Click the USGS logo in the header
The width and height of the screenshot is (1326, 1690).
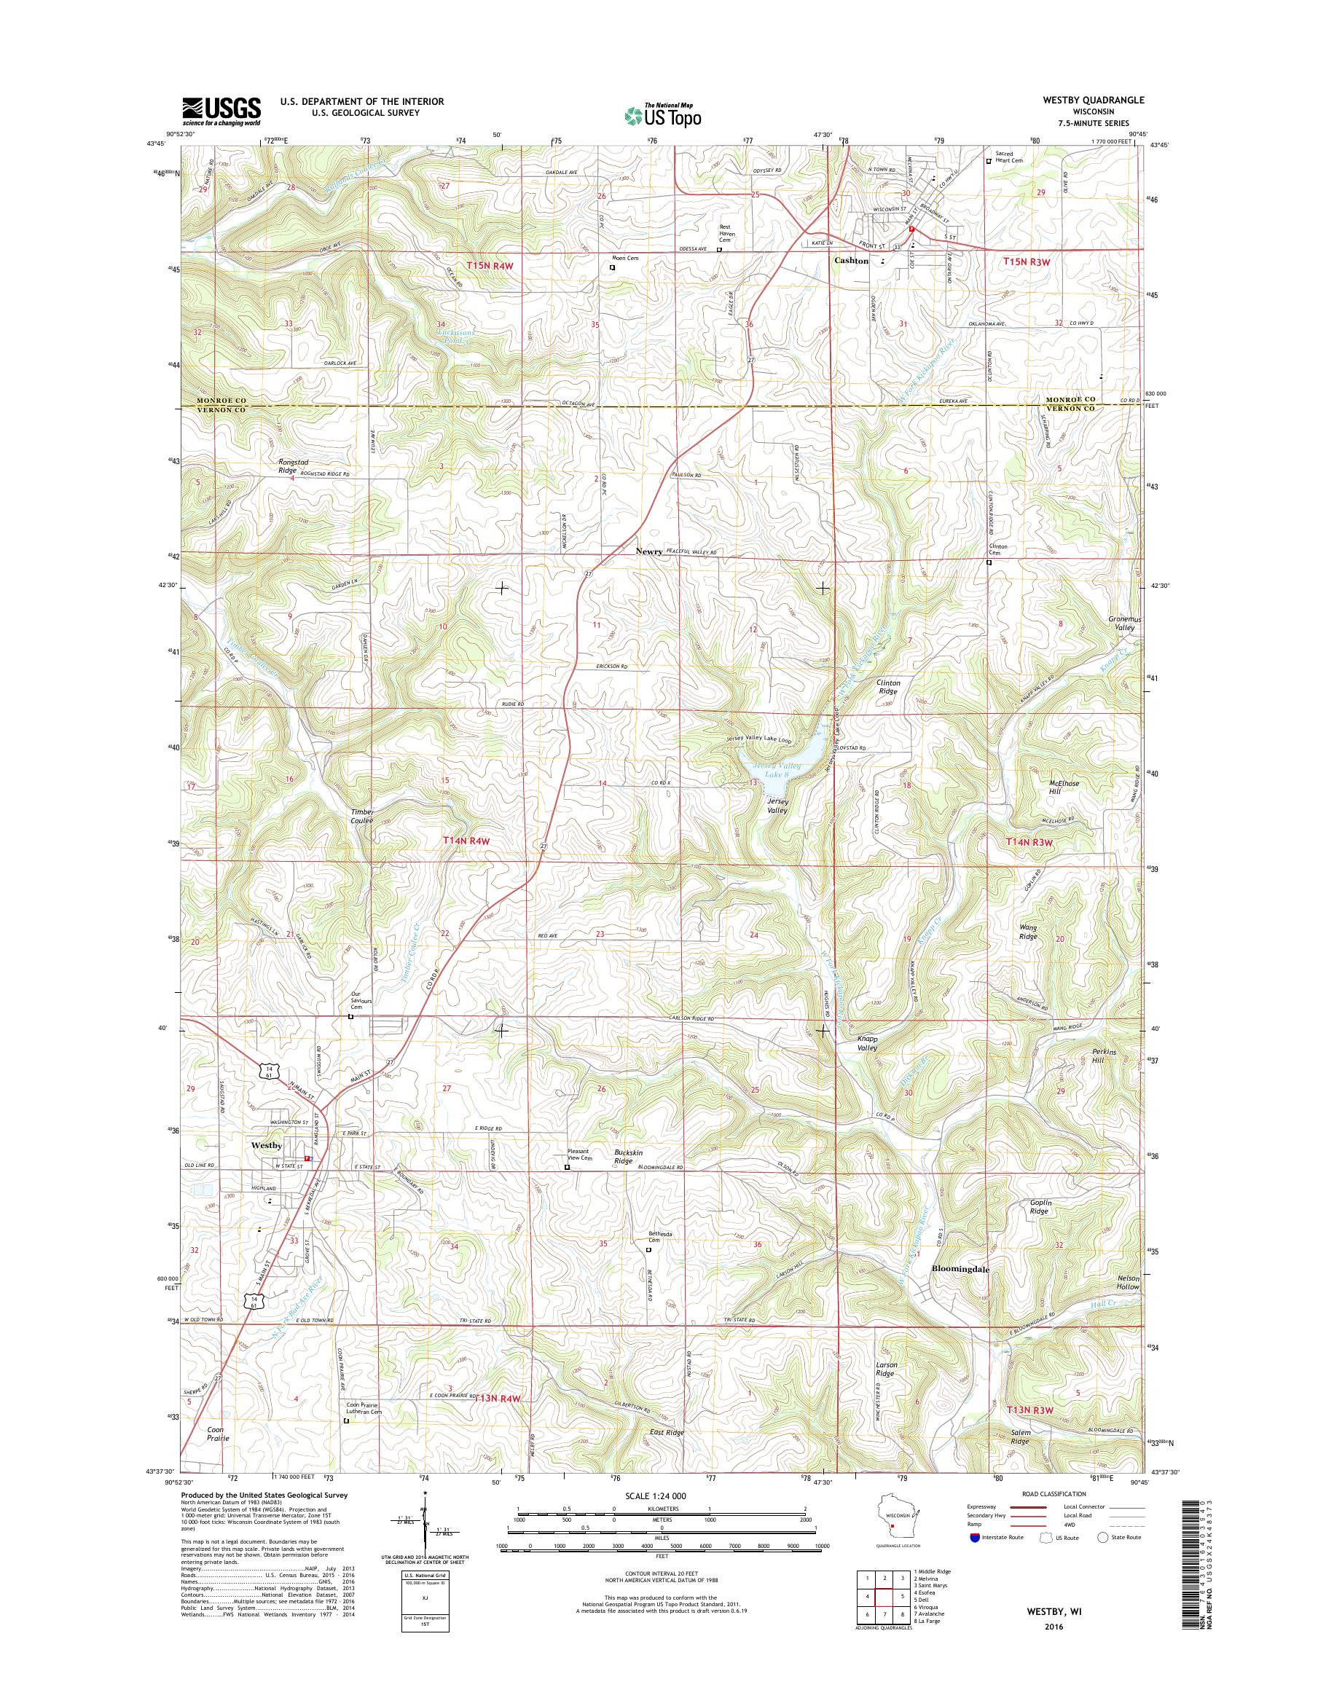click(x=221, y=111)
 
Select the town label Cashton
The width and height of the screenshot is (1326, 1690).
click(x=851, y=261)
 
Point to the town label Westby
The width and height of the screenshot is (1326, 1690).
click(x=267, y=1145)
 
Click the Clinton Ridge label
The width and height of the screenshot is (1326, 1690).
click(x=887, y=686)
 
